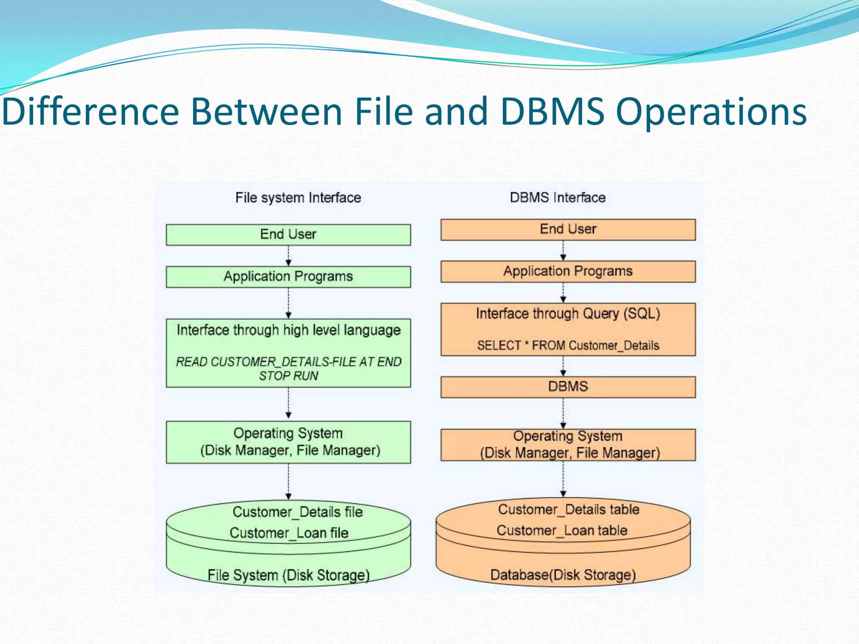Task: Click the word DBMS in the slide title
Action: click(x=552, y=112)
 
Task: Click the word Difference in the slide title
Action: click(x=91, y=112)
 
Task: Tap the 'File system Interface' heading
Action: click(x=298, y=197)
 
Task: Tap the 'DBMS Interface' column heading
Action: click(x=557, y=197)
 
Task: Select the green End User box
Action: click(x=288, y=234)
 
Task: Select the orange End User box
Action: click(x=568, y=229)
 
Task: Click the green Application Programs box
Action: click(x=288, y=277)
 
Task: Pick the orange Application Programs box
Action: click(x=568, y=271)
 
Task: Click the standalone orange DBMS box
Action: click(x=568, y=387)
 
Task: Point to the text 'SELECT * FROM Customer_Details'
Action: click(x=568, y=345)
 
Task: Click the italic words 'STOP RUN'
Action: click(x=288, y=376)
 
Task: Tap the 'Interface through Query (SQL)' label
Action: click(x=568, y=314)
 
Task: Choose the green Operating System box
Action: click(x=288, y=442)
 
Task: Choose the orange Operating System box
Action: click(x=568, y=444)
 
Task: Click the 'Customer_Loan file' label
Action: click(x=289, y=533)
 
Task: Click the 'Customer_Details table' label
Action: click(x=568, y=509)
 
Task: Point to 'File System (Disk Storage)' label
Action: click(x=289, y=575)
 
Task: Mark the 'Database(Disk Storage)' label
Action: click(x=563, y=575)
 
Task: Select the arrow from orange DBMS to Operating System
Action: click(x=563, y=413)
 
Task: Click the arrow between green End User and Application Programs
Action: click(x=288, y=256)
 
